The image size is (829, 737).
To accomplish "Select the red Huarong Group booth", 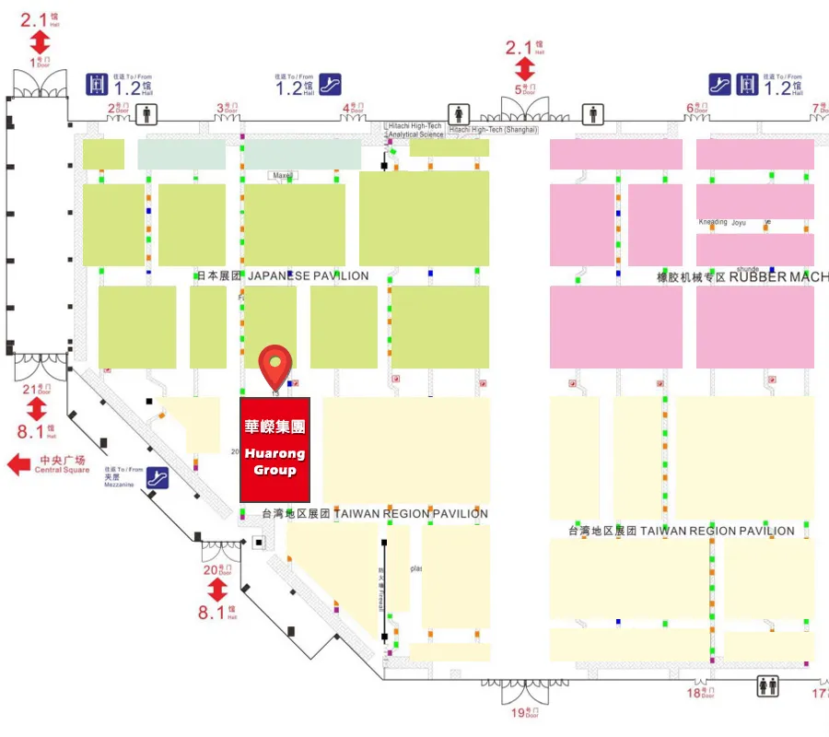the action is [274, 450].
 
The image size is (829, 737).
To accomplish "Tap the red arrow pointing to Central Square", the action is [18, 464].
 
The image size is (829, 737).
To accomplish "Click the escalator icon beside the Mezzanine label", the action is [158, 478].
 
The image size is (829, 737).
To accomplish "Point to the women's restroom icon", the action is [454, 113].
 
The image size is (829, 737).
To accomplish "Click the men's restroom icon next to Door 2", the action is [145, 113].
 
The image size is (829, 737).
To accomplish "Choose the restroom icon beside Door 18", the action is [767, 687].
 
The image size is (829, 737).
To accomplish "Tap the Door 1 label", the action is [40, 63].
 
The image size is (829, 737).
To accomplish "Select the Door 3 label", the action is [226, 108].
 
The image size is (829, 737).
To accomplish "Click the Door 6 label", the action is [696, 108].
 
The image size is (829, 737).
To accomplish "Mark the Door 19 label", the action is [524, 712].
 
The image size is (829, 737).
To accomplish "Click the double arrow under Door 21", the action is [36, 409].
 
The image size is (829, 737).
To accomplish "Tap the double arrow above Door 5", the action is [524, 68].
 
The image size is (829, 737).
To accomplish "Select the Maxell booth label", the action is [281, 175].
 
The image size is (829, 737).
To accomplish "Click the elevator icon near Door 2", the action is [97, 85].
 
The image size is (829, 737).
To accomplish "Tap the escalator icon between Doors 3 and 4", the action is [330, 85].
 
